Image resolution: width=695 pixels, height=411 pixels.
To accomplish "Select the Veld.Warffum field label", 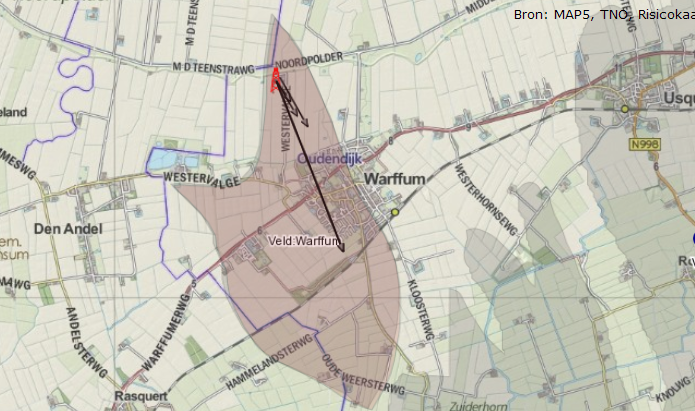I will pos(305,241).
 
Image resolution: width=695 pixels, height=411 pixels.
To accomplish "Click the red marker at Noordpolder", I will pos(276,78).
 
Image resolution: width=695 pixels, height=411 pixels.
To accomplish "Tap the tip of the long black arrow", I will pos(343,252).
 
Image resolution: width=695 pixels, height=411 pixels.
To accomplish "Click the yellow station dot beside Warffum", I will pos(395,212).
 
